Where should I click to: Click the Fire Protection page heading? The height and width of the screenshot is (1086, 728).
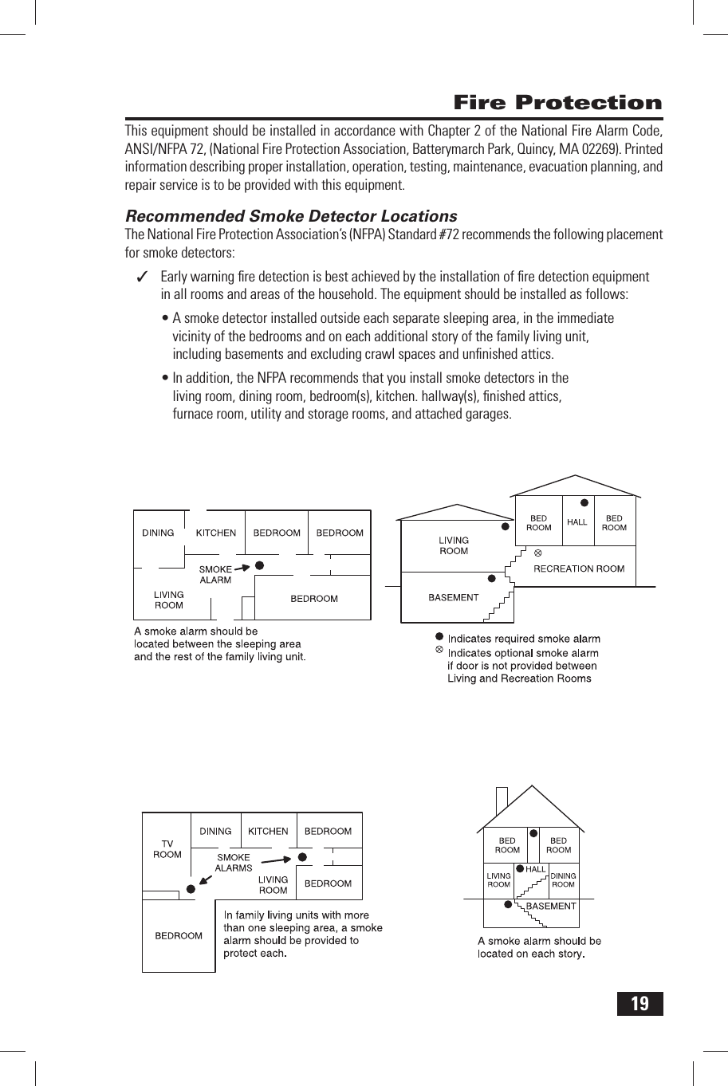click(557, 103)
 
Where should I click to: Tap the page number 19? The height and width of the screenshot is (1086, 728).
click(639, 1003)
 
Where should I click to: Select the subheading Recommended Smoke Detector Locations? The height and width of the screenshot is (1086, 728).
click(291, 216)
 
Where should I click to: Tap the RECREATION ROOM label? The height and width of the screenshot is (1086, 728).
click(578, 569)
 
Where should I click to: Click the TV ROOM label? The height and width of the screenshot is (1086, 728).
click(167, 848)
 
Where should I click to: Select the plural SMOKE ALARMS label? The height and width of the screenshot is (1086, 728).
click(234, 863)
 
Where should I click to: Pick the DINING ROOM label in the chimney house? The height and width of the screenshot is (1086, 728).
click(563, 879)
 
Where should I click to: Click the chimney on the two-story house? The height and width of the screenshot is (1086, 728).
click(501, 800)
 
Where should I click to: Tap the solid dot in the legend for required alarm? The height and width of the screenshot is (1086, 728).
click(439, 637)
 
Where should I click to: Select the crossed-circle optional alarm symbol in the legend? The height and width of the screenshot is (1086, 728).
click(439, 651)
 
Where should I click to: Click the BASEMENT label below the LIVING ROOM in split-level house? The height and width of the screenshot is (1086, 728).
click(453, 597)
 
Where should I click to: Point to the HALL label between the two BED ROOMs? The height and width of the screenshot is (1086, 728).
click(576, 522)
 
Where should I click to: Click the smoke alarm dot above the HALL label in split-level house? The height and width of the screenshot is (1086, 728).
click(584, 503)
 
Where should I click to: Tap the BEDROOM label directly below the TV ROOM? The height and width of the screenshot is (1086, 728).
click(178, 935)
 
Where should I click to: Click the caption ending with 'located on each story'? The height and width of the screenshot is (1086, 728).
click(539, 947)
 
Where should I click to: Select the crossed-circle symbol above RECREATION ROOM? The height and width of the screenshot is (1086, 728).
click(537, 552)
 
